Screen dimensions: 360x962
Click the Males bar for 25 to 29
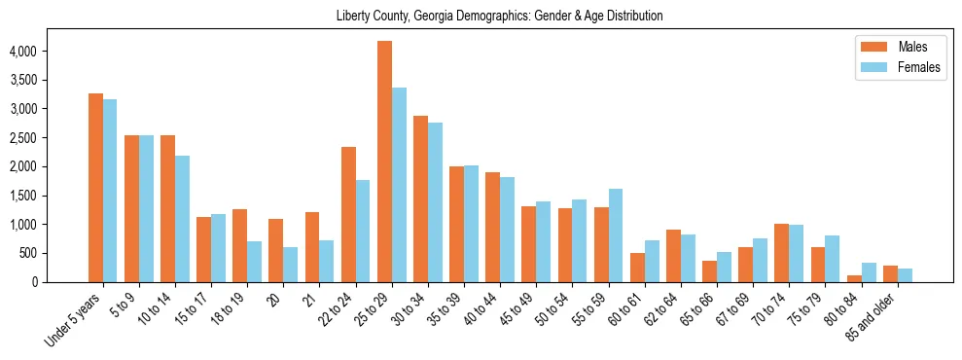[384, 162]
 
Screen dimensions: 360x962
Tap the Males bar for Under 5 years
[95, 188]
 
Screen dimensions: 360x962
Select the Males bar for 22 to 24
[348, 214]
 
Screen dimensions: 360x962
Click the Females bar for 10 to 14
[183, 219]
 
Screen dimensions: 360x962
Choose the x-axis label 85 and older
[869, 318]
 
